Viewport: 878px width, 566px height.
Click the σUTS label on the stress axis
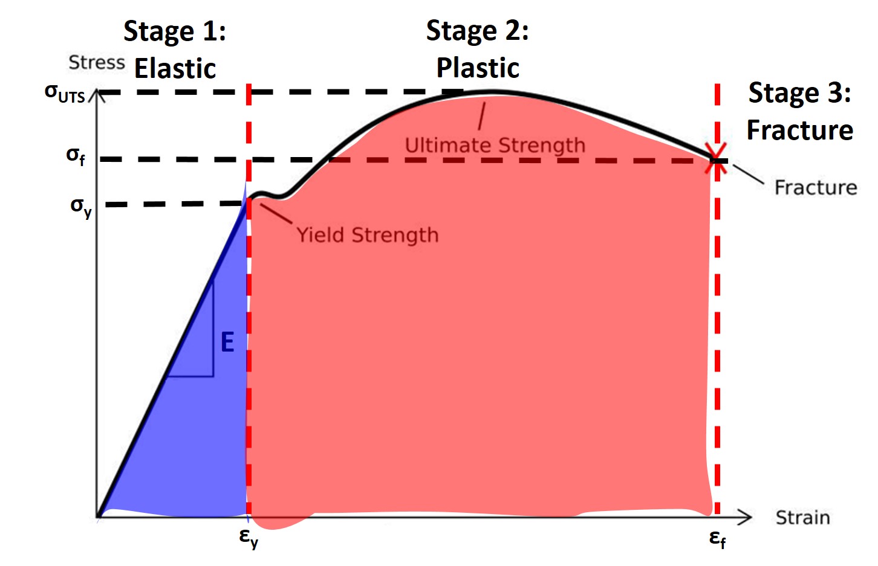point(65,94)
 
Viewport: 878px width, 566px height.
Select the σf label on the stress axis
point(76,156)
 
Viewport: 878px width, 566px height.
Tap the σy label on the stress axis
point(81,207)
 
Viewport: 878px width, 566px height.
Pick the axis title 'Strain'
point(802,518)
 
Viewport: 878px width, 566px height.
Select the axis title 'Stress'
point(97,62)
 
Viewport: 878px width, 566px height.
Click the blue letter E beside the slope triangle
point(227,342)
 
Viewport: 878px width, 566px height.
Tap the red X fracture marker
point(717,159)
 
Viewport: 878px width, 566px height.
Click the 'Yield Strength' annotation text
point(367,235)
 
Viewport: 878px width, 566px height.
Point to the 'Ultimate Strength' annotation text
point(495,146)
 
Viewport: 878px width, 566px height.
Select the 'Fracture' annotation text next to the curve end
point(816,187)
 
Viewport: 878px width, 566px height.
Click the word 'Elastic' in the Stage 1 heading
point(175,69)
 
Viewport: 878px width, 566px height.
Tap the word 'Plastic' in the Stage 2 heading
point(478,68)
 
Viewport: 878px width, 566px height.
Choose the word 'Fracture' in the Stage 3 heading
point(799,130)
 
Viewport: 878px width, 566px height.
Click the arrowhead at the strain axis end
point(745,517)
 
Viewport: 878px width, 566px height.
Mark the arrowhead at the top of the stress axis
point(97,95)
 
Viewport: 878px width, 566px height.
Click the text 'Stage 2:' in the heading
point(477,30)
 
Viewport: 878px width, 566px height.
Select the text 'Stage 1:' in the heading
point(175,31)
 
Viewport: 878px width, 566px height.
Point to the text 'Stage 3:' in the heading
point(799,92)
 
